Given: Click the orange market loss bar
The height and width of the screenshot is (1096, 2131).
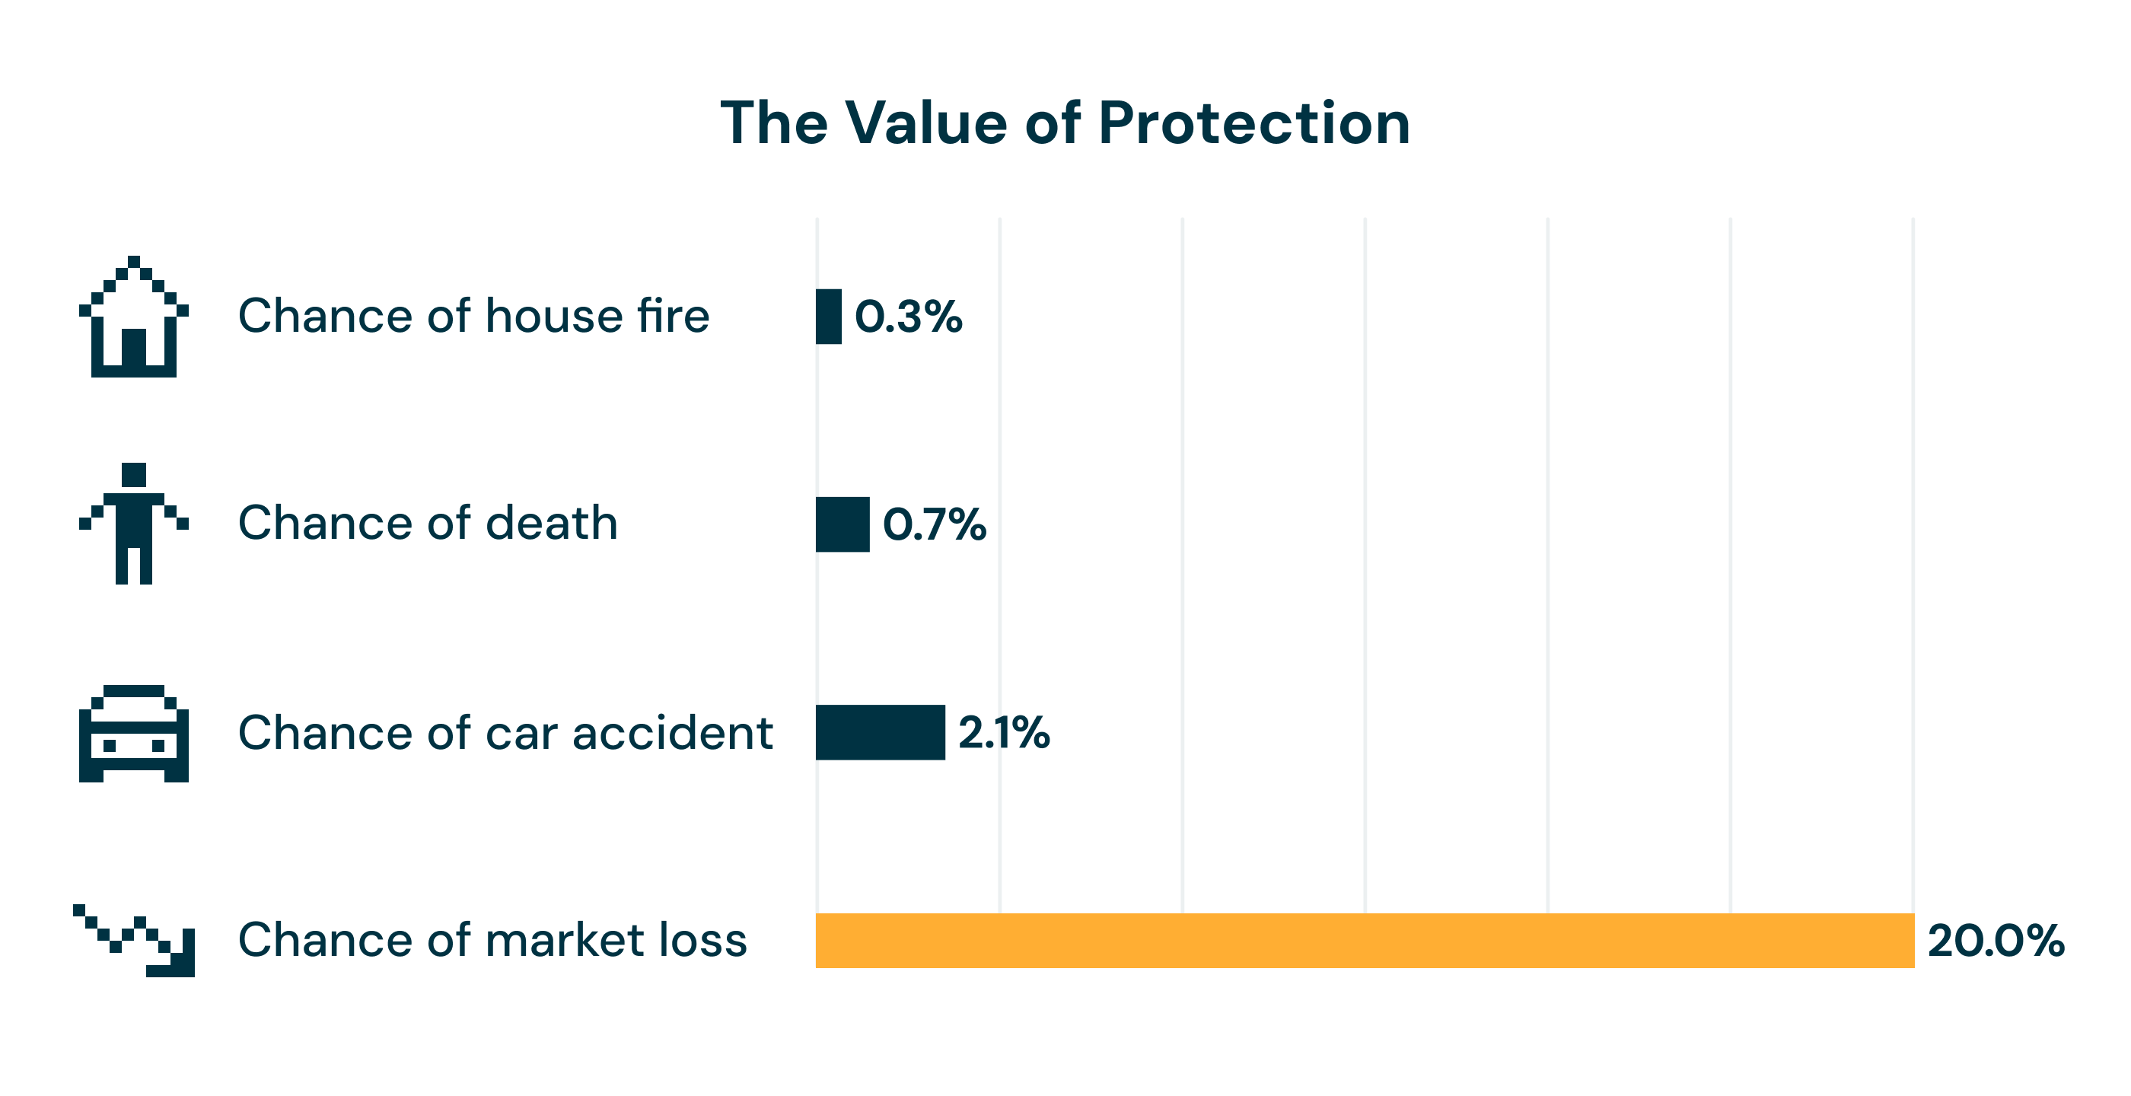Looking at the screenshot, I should (x=1365, y=941).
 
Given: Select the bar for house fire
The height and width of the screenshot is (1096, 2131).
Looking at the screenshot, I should (x=828, y=317).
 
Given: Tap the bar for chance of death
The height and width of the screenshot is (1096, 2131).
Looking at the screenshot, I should (x=843, y=524).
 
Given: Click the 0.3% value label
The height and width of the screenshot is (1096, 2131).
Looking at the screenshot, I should (x=908, y=317).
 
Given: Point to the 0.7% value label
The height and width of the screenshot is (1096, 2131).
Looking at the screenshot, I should (x=934, y=524).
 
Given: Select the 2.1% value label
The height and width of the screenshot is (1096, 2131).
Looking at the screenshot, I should (x=1003, y=733).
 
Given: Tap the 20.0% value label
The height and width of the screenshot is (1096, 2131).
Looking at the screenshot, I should (x=1996, y=941).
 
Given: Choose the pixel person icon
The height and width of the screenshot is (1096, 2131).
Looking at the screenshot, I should (x=133, y=524).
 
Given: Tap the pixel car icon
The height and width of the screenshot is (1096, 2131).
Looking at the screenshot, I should (x=133, y=733).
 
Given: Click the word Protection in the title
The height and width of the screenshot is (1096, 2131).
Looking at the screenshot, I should (x=1253, y=123).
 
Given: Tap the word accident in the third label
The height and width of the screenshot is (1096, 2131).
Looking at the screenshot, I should (x=672, y=733).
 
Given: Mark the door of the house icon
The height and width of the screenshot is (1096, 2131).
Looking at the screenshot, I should (x=134, y=347).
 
